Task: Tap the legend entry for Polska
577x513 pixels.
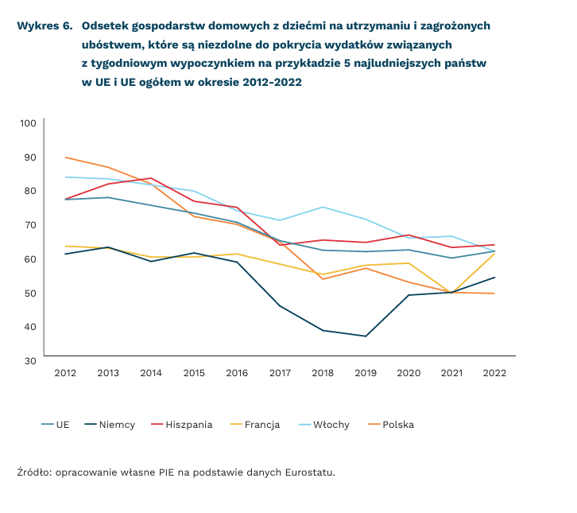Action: [398, 425]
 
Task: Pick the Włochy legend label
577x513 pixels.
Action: [329, 425]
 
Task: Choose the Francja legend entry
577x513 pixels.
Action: [260, 425]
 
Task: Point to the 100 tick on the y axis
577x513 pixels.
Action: [29, 122]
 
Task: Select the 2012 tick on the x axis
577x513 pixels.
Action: [65, 373]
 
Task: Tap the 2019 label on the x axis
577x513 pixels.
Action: [366, 373]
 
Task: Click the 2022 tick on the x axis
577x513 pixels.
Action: [494, 373]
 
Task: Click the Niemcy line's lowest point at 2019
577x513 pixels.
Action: [366, 336]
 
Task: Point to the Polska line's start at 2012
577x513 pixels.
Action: [65, 157]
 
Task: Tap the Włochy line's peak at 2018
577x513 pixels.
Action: [323, 207]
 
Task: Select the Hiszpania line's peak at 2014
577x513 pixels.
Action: [151, 178]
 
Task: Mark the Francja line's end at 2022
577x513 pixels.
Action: [494, 253]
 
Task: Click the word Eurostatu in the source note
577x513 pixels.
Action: [310, 472]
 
